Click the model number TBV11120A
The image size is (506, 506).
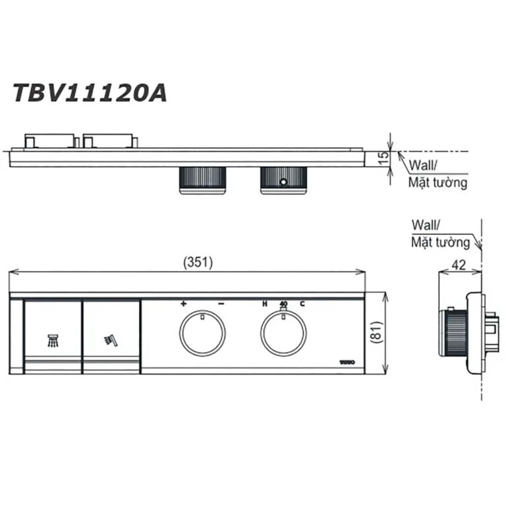click(89, 93)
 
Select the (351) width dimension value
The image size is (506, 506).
click(198, 262)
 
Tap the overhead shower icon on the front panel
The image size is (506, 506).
click(52, 340)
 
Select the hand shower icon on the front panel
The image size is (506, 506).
click(110, 340)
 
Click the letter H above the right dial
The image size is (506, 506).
click(264, 304)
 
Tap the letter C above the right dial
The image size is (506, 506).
click(302, 304)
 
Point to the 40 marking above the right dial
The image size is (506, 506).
click(283, 304)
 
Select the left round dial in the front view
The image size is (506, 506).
click(202, 334)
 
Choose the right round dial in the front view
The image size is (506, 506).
click(283, 334)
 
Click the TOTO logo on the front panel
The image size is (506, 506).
click(347, 362)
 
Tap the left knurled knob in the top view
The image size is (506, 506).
click(203, 180)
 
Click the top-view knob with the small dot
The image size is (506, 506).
click(283, 180)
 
